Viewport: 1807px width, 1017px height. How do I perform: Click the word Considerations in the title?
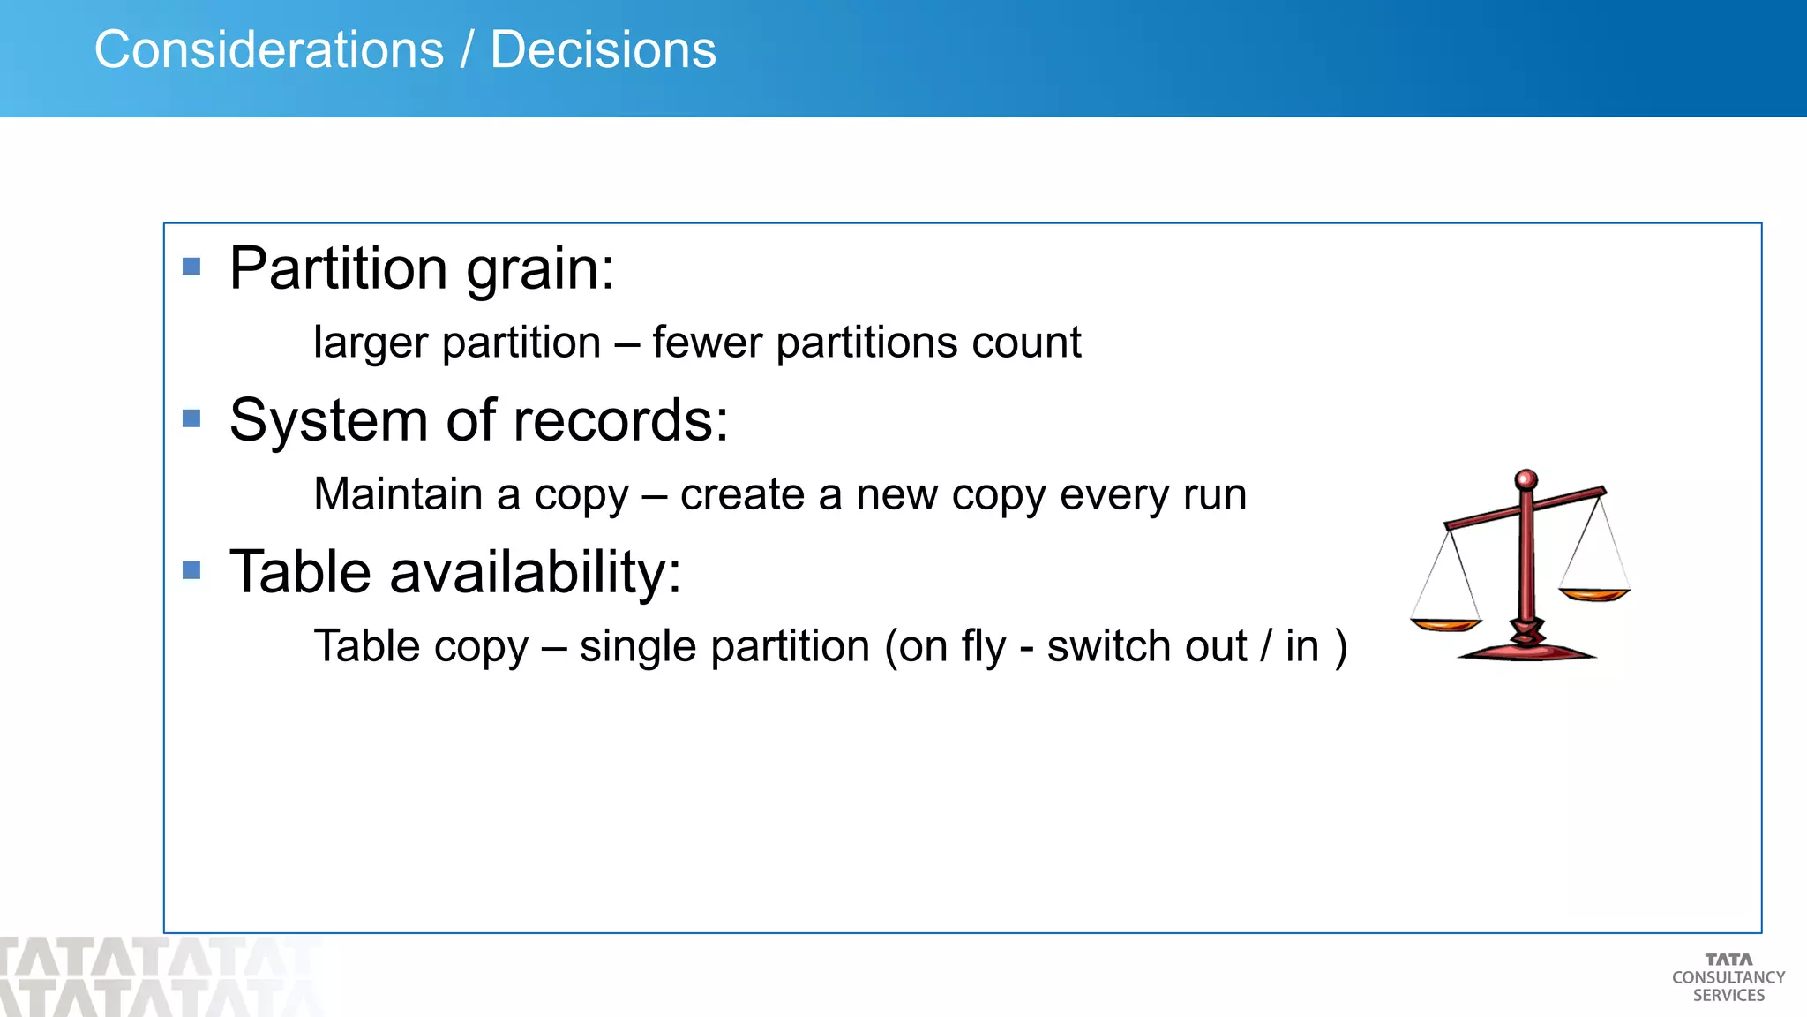[269, 49]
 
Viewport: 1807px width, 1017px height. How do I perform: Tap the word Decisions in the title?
[603, 49]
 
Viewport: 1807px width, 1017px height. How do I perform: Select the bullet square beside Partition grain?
[191, 267]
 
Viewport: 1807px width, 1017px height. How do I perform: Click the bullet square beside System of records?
[191, 418]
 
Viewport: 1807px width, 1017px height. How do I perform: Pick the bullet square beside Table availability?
[191, 570]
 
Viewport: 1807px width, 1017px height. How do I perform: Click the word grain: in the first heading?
[540, 269]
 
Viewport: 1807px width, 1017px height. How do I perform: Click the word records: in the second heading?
[621, 420]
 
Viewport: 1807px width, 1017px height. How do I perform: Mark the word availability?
[536, 572]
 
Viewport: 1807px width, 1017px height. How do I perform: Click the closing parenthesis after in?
[1341, 647]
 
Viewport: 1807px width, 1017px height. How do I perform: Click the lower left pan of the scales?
[1445, 625]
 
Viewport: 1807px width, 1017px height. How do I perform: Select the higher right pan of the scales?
[1594, 594]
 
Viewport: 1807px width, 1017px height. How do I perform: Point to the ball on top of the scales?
[1526, 480]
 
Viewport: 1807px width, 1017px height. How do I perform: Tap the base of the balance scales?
[1526, 653]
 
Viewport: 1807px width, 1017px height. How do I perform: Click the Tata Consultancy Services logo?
[1728, 977]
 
